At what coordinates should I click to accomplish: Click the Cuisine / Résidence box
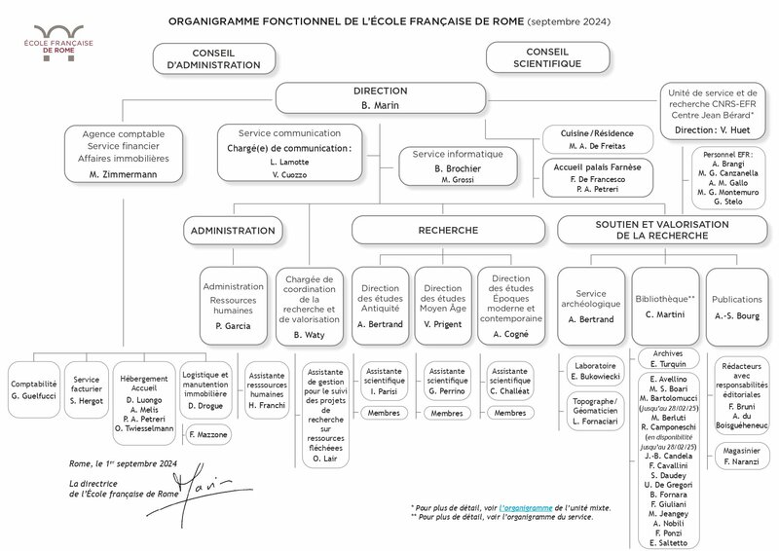coord(596,138)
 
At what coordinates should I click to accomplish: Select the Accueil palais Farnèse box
coord(596,178)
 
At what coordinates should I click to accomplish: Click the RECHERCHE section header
coord(447,231)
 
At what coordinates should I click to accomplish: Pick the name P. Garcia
coord(234,327)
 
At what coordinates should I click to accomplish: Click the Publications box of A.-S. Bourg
coord(736,307)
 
